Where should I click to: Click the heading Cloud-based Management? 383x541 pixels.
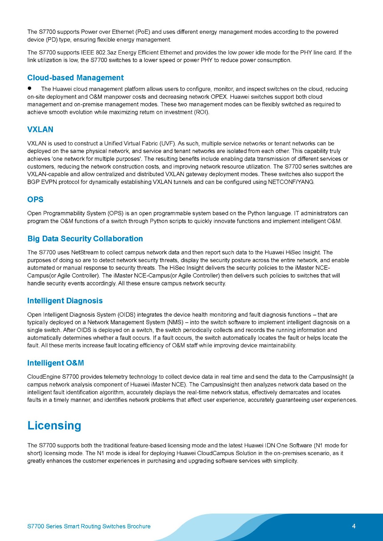pyautogui.click(x=75, y=78)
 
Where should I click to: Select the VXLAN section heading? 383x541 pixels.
pyautogui.click(x=40, y=130)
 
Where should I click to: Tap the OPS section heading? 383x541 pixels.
pyautogui.click(x=35, y=199)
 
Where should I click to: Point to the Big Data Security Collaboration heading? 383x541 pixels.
pyautogui.click(x=85, y=239)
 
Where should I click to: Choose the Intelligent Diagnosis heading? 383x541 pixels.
pyautogui.click(x=65, y=301)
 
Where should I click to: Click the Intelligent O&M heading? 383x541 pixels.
pyautogui.click(x=56, y=363)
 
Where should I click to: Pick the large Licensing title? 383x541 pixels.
pyautogui.click(x=54, y=426)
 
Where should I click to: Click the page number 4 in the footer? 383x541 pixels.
pyautogui.click(x=354, y=526)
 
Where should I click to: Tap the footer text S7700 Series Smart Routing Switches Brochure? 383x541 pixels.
pyautogui.click(x=89, y=526)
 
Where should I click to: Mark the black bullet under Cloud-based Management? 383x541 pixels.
pyautogui.click(x=30, y=88)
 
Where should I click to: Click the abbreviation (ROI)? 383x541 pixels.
pyautogui.click(x=202, y=112)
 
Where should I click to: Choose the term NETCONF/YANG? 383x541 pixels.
pyautogui.click(x=291, y=182)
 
